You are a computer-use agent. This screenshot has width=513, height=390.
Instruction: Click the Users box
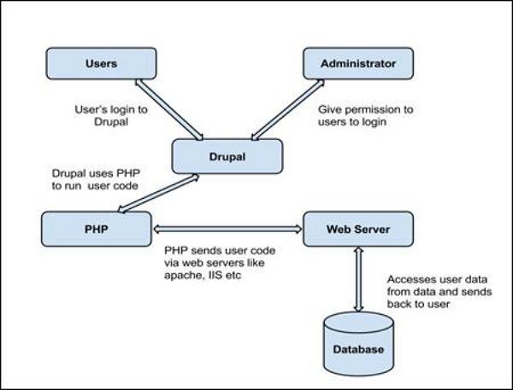point(101,63)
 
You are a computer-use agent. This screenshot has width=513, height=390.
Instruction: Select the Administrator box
point(358,63)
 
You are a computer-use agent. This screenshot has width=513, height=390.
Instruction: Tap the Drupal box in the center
point(227,157)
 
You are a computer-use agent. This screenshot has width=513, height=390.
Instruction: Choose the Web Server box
point(358,229)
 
